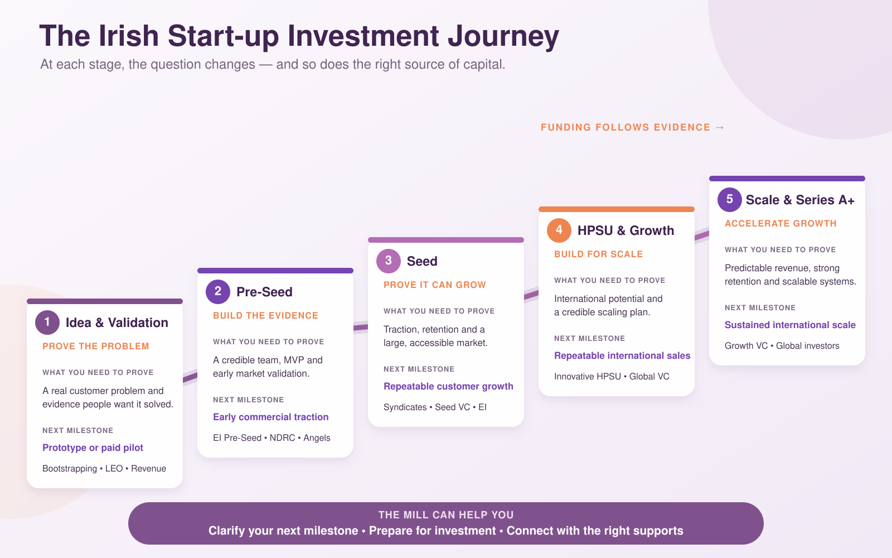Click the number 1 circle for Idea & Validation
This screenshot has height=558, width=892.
tap(47, 323)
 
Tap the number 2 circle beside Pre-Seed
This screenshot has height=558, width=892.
tap(218, 292)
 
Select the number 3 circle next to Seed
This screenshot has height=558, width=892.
tap(388, 261)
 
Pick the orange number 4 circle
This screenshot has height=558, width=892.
tap(559, 230)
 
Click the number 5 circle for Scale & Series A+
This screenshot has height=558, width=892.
tap(730, 200)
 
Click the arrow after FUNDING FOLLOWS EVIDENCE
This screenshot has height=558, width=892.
tap(720, 127)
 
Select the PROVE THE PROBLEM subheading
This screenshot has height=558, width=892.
tap(95, 347)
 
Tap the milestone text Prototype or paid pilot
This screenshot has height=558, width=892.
tap(93, 448)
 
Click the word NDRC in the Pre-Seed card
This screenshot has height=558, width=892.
tap(282, 437)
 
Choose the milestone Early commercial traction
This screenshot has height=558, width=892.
tap(271, 417)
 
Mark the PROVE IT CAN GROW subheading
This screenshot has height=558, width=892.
tap(435, 285)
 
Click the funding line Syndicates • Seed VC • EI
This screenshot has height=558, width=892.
tap(435, 407)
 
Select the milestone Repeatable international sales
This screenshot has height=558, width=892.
tap(622, 355)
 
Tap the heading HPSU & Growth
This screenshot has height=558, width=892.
tap(626, 230)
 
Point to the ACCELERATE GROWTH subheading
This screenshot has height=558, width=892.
tap(780, 224)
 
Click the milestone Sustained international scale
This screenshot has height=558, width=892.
tap(790, 325)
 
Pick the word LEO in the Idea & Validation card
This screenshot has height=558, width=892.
tap(114, 468)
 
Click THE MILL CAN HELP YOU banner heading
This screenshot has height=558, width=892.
tap(446, 515)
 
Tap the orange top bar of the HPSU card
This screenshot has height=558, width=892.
tap(617, 209)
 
